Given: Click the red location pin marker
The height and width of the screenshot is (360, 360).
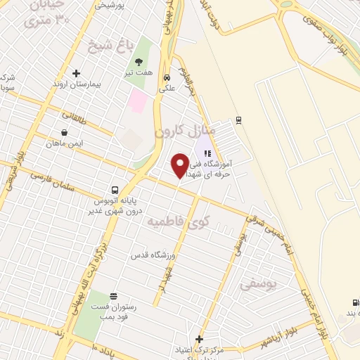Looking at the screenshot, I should click(180, 165).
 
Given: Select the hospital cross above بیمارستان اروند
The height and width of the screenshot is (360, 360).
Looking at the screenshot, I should click(76, 73).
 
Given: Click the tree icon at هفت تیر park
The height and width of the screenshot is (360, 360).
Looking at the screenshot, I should click(139, 63).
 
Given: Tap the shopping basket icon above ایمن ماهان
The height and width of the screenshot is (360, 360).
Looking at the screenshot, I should click(65, 131).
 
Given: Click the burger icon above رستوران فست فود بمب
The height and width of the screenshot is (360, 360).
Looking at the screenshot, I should click(114, 295).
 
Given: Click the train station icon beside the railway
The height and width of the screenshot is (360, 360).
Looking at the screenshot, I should click(239, 119).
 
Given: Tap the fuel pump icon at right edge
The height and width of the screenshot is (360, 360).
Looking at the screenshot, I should click(353, 301).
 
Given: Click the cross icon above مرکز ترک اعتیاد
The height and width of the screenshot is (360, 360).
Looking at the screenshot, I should click(199, 339).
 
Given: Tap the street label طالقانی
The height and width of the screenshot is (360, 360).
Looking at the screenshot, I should click(75, 117).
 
